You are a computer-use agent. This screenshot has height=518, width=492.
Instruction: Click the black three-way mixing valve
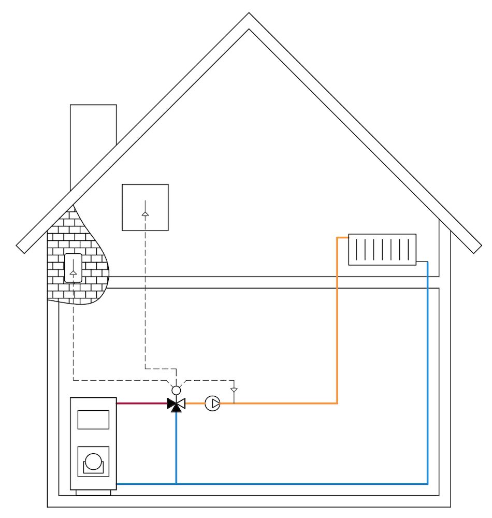[176, 404]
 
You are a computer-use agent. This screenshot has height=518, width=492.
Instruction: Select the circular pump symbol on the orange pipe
[212, 403]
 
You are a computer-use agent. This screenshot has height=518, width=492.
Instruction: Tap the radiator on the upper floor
[382, 250]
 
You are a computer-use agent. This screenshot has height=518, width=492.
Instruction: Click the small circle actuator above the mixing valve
[176, 390]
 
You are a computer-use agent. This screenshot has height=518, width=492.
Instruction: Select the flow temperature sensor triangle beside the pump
[234, 390]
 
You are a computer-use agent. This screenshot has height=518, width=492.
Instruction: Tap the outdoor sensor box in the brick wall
[73, 268]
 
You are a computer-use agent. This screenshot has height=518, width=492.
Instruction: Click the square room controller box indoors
[145, 207]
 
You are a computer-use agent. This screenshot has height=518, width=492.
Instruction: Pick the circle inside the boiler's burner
[93, 461]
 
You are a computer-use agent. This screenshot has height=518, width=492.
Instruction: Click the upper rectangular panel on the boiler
[93, 420]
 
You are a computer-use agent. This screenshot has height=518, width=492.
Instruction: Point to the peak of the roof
[249, 16]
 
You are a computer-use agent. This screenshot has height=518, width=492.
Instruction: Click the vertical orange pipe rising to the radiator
[338, 321]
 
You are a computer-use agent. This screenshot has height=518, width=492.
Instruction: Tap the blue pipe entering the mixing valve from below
[176, 445]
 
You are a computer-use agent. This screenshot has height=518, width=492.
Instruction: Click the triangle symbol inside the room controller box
[145, 213]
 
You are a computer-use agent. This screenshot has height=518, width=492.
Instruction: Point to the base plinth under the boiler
[93, 493]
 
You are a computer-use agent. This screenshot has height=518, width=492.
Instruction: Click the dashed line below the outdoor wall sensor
[73, 337]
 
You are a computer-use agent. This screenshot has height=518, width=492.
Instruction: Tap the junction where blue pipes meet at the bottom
[176, 484]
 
